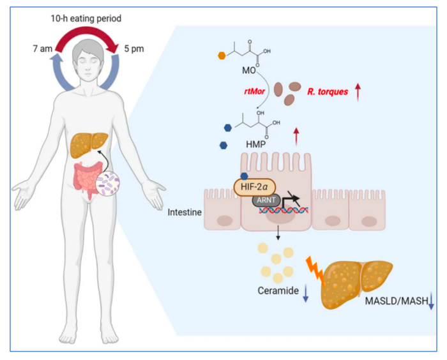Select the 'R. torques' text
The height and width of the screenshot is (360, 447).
(328, 91)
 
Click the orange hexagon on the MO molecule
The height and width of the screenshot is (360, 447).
(222, 55)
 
